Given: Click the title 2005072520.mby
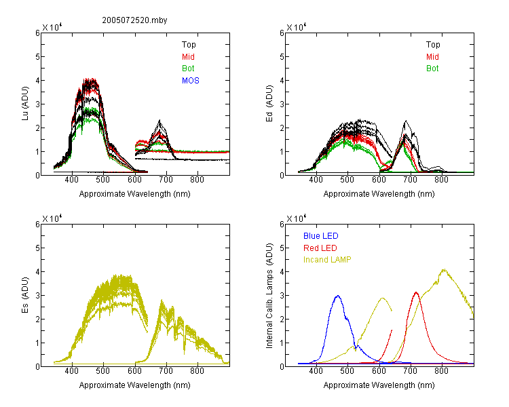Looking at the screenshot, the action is (x=134, y=20).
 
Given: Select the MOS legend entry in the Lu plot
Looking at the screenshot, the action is (x=191, y=81).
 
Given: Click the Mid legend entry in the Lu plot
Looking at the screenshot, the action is (x=188, y=57).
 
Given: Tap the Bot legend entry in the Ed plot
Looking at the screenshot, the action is (x=432, y=69).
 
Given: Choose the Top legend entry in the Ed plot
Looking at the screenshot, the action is (x=433, y=45).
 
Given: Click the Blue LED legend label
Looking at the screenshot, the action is (x=321, y=236).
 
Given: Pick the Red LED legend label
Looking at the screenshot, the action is (x=320, y=248).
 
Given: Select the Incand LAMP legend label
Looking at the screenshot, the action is (x=327, y=260).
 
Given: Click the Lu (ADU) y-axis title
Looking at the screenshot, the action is (x=25, y=104).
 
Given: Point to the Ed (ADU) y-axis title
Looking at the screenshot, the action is (x=269, y=104).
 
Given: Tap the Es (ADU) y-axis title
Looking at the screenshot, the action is (x=25, y=295).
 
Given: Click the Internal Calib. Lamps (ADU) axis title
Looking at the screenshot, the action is (x=269, y=295).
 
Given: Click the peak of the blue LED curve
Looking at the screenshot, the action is (x=338, y=296).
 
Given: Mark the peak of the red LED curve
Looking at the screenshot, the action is (x=416, y=292).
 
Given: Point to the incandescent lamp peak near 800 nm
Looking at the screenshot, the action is (x=443, y=269).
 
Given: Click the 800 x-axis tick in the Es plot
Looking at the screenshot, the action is (x=197, y=371).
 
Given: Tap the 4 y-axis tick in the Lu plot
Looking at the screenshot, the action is (x=37, y=80).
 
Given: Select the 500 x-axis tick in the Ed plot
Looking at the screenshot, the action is (x=347, y=180).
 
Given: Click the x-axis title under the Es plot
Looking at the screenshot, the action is (x=135, y=385).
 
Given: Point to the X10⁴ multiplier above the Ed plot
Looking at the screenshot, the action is (x=296, y=27).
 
